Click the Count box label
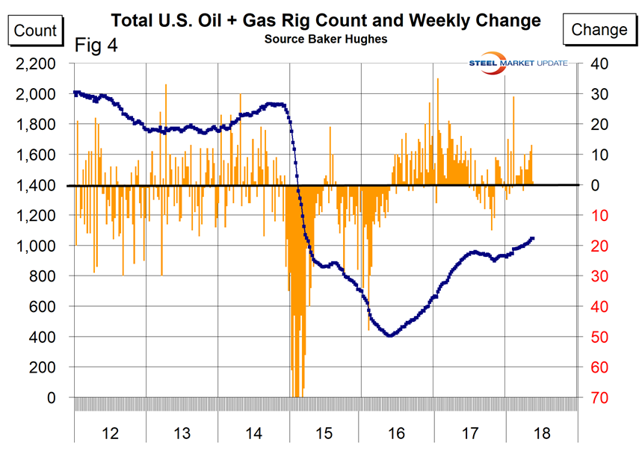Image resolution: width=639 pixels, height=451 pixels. [35, 30]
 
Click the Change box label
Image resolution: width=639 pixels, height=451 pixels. [599, 30]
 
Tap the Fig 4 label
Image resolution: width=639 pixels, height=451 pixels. [96, 46]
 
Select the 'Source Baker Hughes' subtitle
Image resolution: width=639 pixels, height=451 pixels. [325, 39]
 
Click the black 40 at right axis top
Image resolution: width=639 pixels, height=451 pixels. [598, 64]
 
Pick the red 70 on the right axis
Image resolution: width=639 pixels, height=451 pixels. [598, 398]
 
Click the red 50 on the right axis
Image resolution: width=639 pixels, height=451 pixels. [598, 338]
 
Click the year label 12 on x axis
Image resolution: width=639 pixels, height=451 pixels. [110, 432]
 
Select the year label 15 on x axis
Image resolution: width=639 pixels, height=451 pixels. [325, 432]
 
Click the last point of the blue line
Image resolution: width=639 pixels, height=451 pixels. [532, 238]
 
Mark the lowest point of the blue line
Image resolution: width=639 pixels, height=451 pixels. [389, 336]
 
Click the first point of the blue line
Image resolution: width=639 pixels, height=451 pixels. [75, 93]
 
